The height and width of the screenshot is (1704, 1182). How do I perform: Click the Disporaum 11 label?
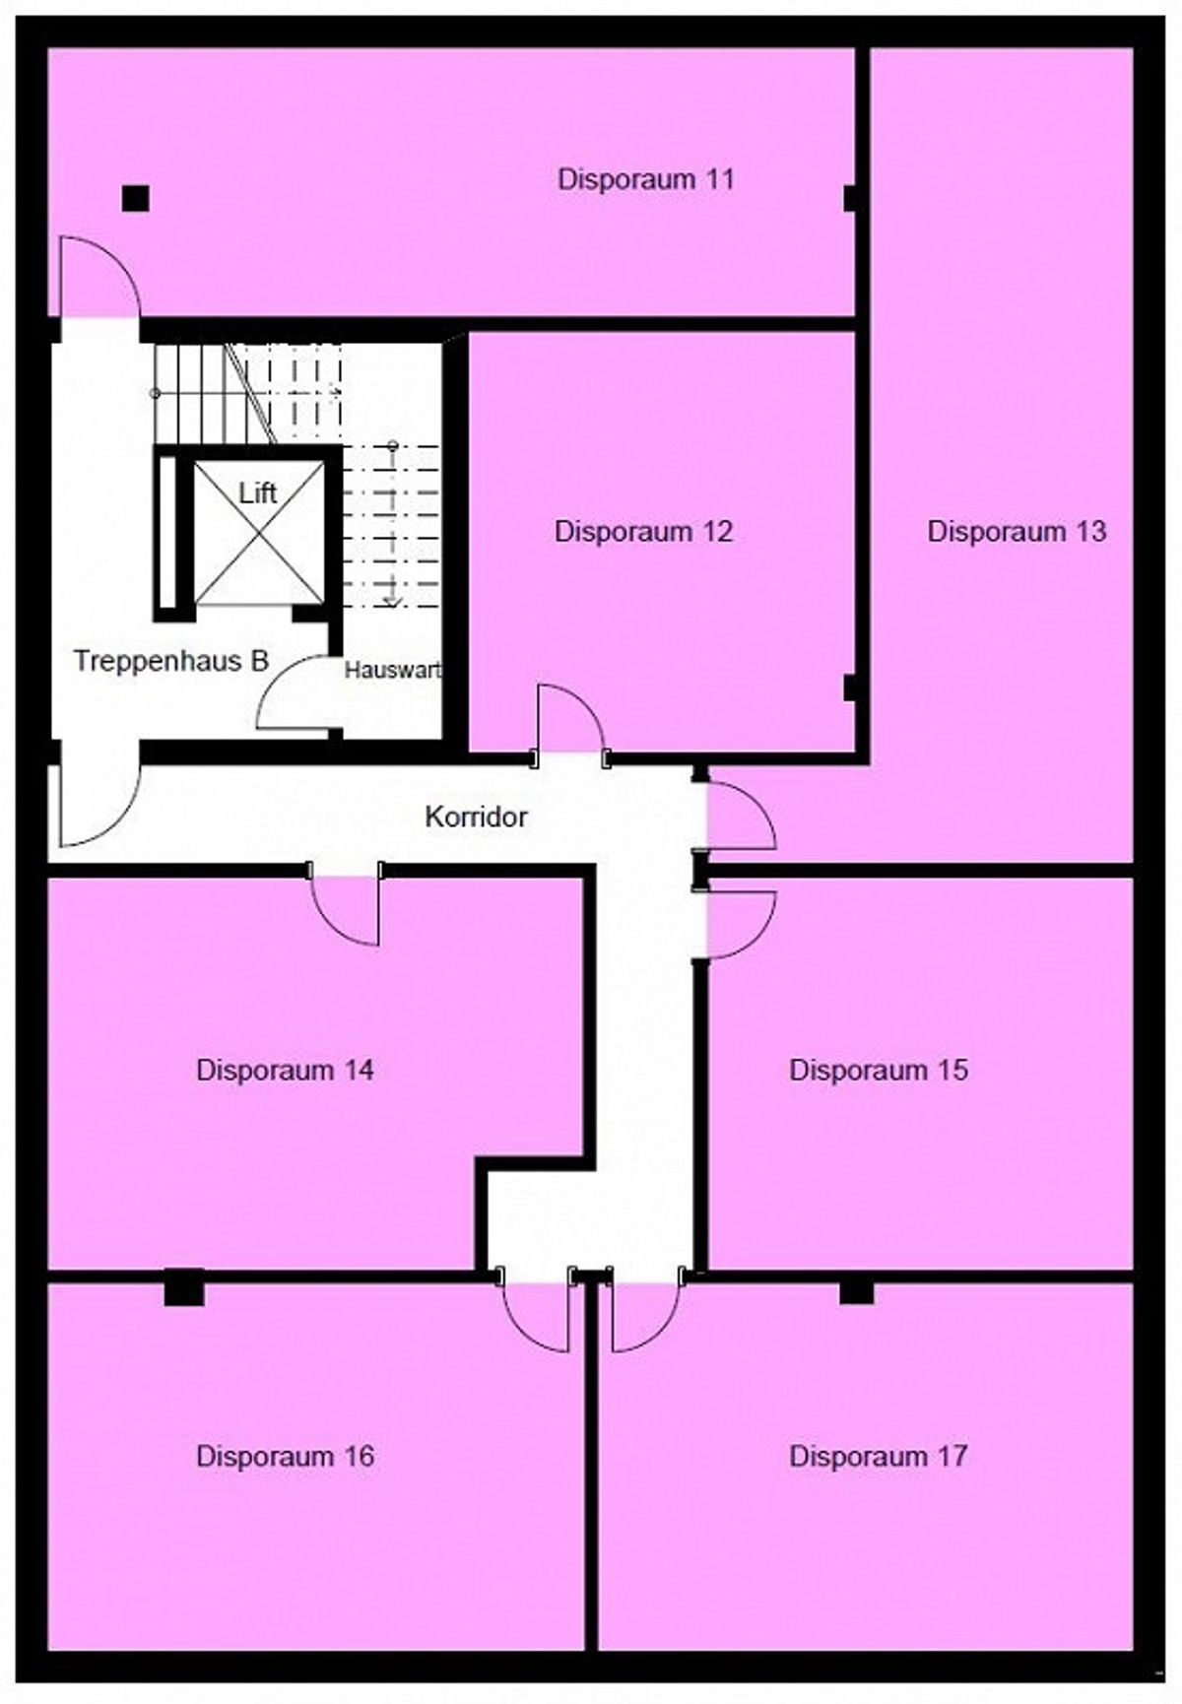point(645,179)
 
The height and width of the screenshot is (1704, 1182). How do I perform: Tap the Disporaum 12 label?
point(643,531)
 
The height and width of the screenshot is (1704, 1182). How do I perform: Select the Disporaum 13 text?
point(1017,531)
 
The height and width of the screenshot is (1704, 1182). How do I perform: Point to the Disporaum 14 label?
point(286,1070)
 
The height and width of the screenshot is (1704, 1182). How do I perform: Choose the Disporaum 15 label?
point(879,1070)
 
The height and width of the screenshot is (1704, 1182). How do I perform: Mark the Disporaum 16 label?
point(286,1456)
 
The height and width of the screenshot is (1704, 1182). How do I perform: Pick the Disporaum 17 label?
point(879,1456)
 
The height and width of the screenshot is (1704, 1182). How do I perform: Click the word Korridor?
point(476,817)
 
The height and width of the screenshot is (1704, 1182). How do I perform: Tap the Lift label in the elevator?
point(258,492)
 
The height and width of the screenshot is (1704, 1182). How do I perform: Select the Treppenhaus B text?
point(171,661)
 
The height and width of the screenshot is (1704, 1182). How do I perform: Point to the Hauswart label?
point(392,671)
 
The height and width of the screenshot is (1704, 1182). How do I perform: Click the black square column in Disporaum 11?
point(136,199)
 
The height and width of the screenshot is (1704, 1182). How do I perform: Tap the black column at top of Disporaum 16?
point(184,1288)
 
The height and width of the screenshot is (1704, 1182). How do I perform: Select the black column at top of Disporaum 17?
point(857,1292)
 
